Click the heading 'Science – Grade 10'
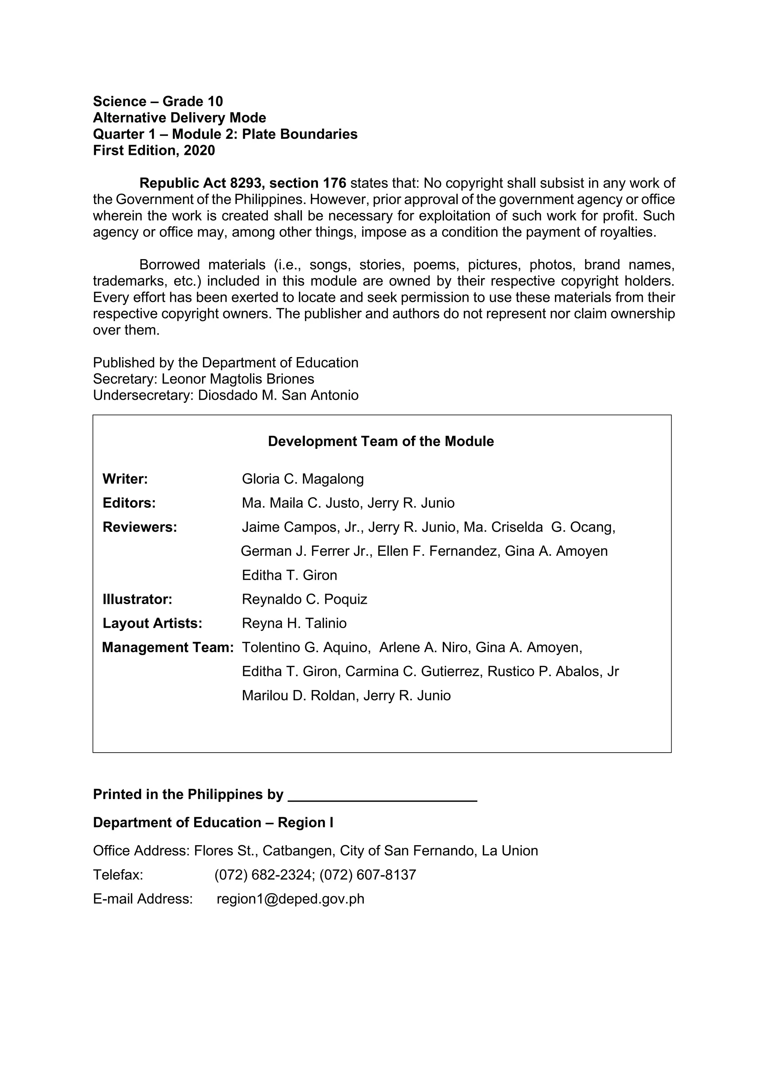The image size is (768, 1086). (157, 102)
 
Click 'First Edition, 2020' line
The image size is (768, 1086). (154, 150)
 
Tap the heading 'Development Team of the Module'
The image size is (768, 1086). (381, 441)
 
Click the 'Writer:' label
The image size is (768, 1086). (125, 479)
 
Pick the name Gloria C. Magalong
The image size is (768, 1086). (303, 479)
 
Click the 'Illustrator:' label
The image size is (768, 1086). (137, 599)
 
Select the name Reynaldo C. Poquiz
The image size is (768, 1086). (304, 599)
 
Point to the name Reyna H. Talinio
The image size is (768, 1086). (294, 623)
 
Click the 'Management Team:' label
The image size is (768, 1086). (168, 648)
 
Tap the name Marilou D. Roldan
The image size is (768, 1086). (298, 696)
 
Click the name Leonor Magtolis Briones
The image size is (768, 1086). (238, 379)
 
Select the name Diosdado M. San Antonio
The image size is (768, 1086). (278, 395)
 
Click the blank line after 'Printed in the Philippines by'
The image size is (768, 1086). (382, 795)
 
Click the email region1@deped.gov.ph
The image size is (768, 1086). (290, 899)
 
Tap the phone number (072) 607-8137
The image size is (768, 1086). (367, 875)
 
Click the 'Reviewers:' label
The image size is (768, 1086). (139, 527)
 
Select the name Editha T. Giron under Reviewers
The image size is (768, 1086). (289, 576)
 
